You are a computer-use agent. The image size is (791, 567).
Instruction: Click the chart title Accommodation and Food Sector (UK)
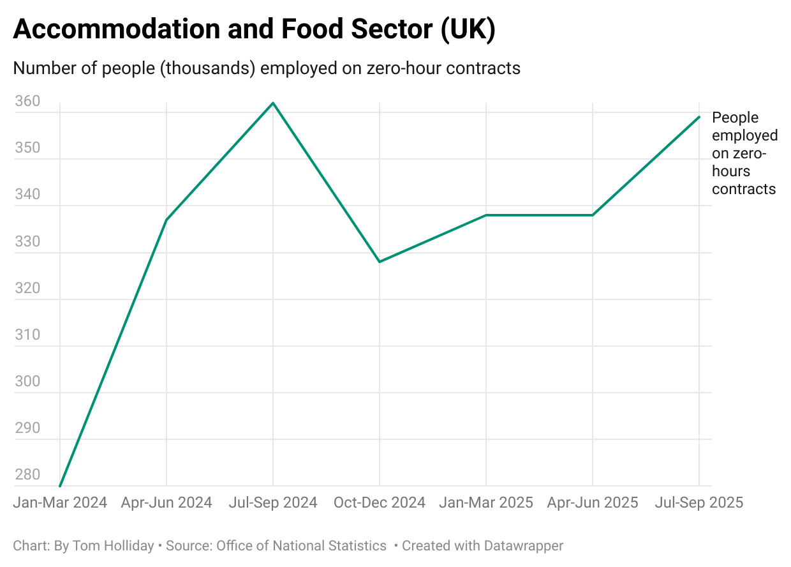click(x=254, y=31)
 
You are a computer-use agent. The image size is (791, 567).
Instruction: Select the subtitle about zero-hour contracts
click(x=267, y=68)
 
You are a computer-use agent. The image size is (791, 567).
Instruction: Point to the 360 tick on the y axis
click(x=27, y=102)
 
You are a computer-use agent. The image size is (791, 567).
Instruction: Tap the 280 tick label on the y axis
click(x=27, y=475)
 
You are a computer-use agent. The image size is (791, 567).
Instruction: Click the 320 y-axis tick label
click(x=27, y=288)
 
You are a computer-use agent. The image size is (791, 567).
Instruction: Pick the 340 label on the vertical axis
click(x=27, y=195)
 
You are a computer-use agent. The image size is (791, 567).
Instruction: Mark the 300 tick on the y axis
click(x=27, y=382)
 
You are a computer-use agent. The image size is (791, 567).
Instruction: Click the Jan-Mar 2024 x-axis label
click(x=60, y=503)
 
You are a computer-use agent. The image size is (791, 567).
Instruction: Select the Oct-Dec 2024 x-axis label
click(x=380, y=503)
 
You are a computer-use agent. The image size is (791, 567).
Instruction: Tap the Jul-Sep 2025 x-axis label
click(x=699, y=503)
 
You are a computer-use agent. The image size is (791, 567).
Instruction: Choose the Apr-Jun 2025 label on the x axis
click(x=593, y=503)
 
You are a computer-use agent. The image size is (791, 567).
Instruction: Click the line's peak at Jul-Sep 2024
click(x=273, y=103)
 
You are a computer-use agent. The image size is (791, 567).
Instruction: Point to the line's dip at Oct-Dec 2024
click(x=380, y=262)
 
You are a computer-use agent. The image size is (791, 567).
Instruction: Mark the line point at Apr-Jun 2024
click(x=166, y=220)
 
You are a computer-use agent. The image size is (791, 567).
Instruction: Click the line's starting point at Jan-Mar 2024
click(x=60, y=486)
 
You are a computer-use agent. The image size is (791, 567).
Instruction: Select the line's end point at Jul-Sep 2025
click(x=699, y=117)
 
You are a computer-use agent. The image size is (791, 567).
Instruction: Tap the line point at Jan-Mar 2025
click(x=486, y=215)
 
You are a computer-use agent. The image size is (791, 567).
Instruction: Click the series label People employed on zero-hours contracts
click(x=744, y=153)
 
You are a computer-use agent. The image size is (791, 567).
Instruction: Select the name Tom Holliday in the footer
click(x=113, y=546)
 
